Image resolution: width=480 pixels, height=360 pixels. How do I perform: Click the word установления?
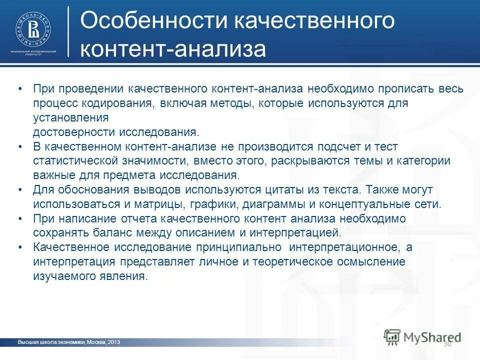71,118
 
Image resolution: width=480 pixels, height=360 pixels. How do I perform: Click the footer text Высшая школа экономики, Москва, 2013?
68,342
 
